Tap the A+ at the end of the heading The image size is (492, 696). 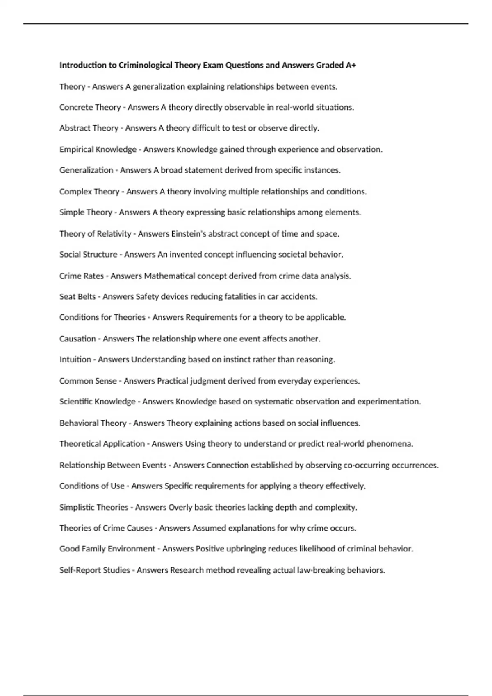pyautogui.click(x=351, y=65)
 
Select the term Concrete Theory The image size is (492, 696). pyautogui.click(x=90, y=107)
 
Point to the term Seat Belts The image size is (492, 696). pyautogui.click(x=77, y=296)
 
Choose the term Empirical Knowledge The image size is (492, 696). pyautogui.click(x=98, y=149)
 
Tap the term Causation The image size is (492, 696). pyautogui.click(x=77, y=339)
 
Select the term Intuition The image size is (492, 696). pyautogui.click(x=75, y=359)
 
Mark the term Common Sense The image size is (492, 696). pyautogui.click(x=88, y=381)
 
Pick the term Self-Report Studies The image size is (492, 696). pyautogui.click(x=95, y=570)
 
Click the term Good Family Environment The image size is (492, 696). pyautogui.click(x=107, y=549)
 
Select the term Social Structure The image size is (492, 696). pyautogui.click(x=88, y=254)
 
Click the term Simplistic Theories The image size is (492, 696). pyautogui.click(x=94, y=507)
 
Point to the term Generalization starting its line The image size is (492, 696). pyautogui.click(x=86, y=170)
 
